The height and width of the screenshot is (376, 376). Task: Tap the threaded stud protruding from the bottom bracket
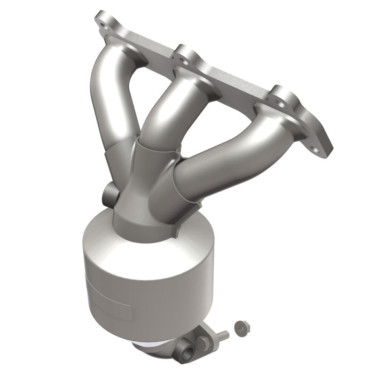223,336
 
